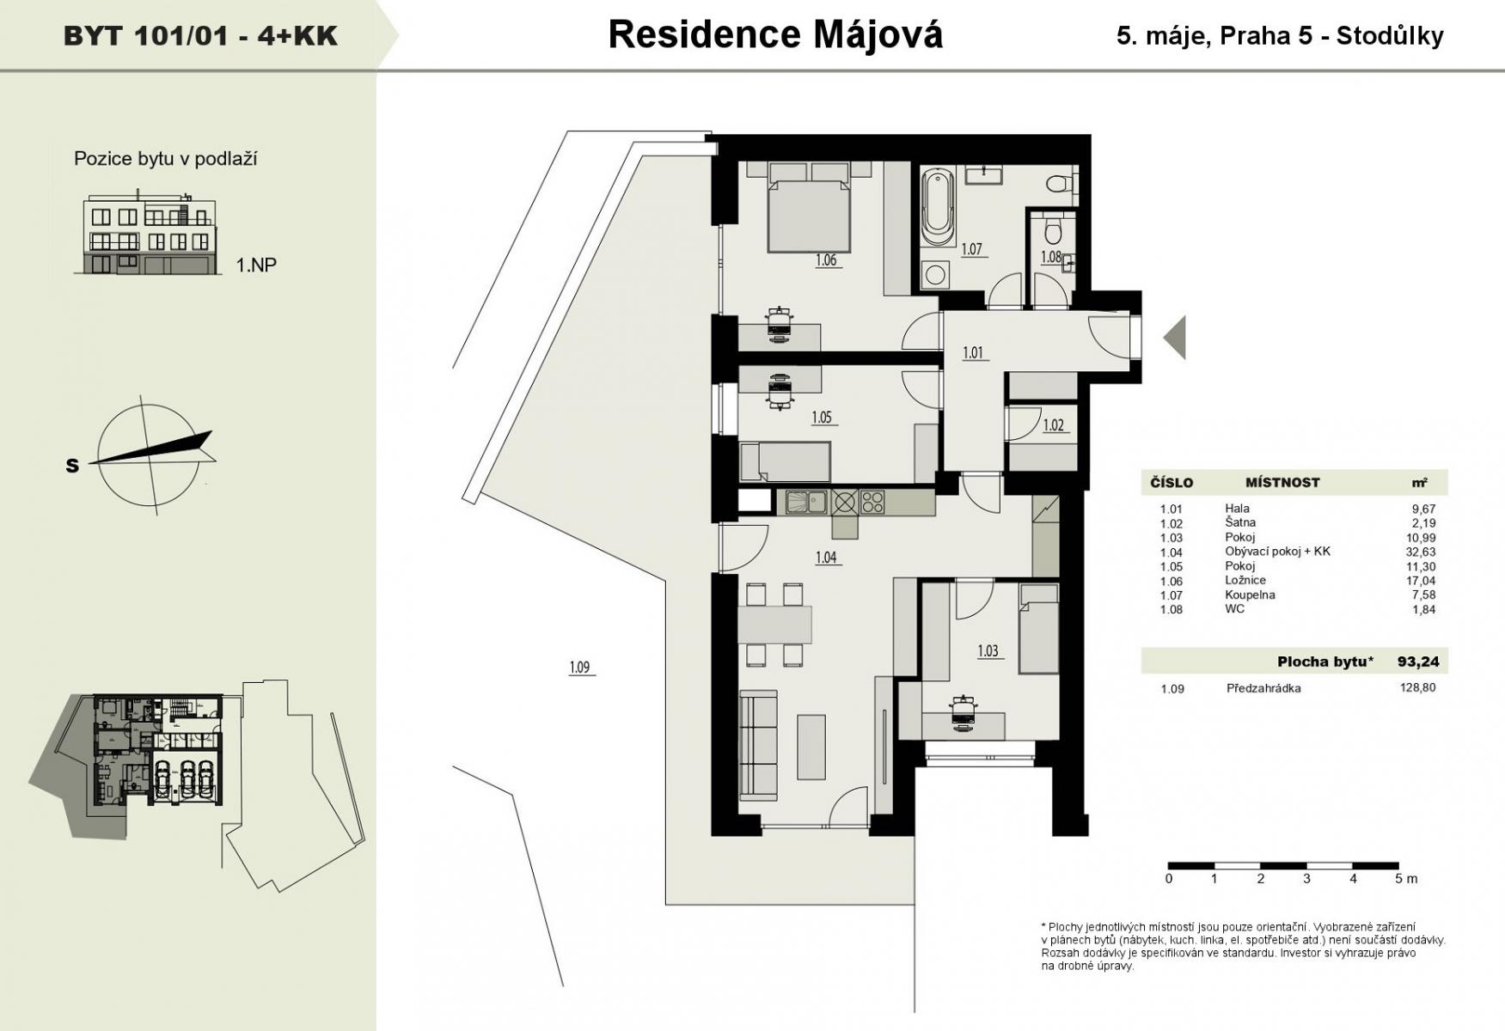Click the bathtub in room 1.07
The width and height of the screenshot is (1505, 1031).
(937, 208)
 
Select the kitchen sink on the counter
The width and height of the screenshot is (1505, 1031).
(805, 502)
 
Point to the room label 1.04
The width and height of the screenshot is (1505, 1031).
(825, 558)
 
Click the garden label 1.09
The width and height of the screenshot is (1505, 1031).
(580, 668)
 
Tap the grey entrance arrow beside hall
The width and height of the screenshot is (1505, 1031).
(1174, 337)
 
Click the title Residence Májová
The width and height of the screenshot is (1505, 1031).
(775, 34)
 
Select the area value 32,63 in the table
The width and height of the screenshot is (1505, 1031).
(1422, 552)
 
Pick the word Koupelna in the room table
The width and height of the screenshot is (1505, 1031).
(1250, 595)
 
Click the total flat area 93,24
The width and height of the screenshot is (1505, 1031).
(1418, 662)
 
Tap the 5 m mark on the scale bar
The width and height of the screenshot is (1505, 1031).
(1405, 878)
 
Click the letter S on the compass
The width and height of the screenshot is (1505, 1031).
(72, 466)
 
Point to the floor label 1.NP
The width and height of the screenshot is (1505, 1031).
(256, 265)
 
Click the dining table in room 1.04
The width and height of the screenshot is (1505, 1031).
(774, 625)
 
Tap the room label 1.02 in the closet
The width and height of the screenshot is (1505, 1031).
(1054, 425)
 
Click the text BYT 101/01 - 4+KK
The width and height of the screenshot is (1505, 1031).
(200, 36)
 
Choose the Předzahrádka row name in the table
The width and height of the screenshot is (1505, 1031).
(1263, 688)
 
